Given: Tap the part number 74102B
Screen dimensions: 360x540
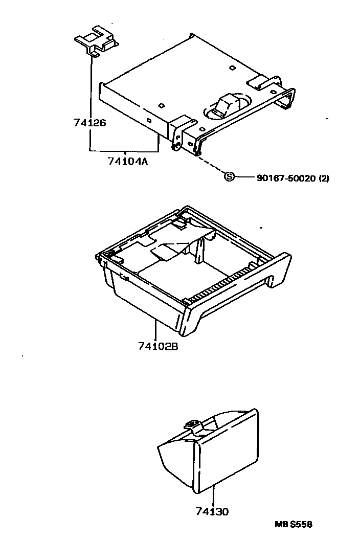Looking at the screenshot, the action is (x=157, y=347).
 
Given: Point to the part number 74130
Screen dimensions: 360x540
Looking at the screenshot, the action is (x=212, y=511).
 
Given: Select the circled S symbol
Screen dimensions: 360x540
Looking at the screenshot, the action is (x=230, y=177).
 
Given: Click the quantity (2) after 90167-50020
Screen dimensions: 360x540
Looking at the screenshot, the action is (x=324, y=178).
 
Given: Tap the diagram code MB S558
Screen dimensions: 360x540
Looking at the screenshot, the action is (x=293, y=524).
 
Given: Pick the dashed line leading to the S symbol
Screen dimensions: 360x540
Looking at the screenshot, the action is (x=211, y=165).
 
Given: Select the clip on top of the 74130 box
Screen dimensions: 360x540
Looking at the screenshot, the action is (x=192, y=424).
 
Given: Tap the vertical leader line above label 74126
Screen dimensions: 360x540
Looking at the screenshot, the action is (x=91, y=87).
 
